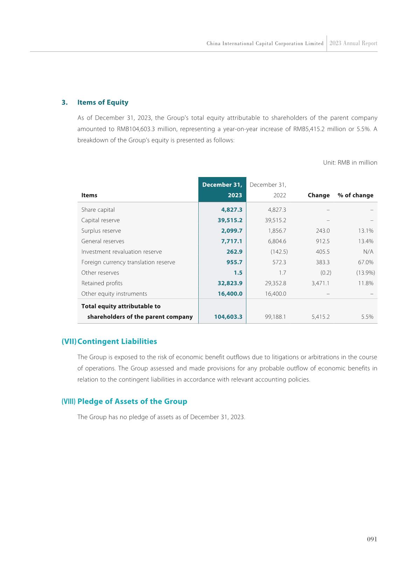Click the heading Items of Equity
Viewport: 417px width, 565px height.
click(x=103, y=103)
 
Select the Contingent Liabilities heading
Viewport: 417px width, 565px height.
click(x=117, y=341)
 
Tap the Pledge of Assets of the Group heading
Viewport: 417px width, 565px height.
click(x=132, y=401)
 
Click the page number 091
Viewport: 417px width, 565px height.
click(x=372, y=539)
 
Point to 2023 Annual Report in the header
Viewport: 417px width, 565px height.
click(x=353, y=43)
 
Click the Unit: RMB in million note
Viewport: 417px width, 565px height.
click(x=350, y=163)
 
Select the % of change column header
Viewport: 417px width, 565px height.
click(x=355, y=195)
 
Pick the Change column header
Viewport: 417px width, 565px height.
click(x=319, y=195)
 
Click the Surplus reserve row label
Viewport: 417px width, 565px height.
click(x=101, y=231)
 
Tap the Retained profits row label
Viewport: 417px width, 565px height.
click(x=102, y=283)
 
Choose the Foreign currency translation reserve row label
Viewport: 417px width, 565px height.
click(x=128, y=262)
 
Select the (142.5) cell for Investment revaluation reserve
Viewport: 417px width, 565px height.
click(x=279, y=252)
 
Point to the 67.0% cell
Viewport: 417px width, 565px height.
click(x=365, y=262)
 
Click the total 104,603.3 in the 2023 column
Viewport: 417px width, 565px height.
click(x=228, y=317)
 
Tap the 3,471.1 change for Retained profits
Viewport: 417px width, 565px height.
click(x=320, y=283)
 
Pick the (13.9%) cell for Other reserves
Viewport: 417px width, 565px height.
click(x=365, y=273)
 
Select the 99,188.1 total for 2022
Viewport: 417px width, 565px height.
click(x=275, y=317)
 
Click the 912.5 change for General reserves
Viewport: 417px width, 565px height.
click(x=323, y=241)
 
